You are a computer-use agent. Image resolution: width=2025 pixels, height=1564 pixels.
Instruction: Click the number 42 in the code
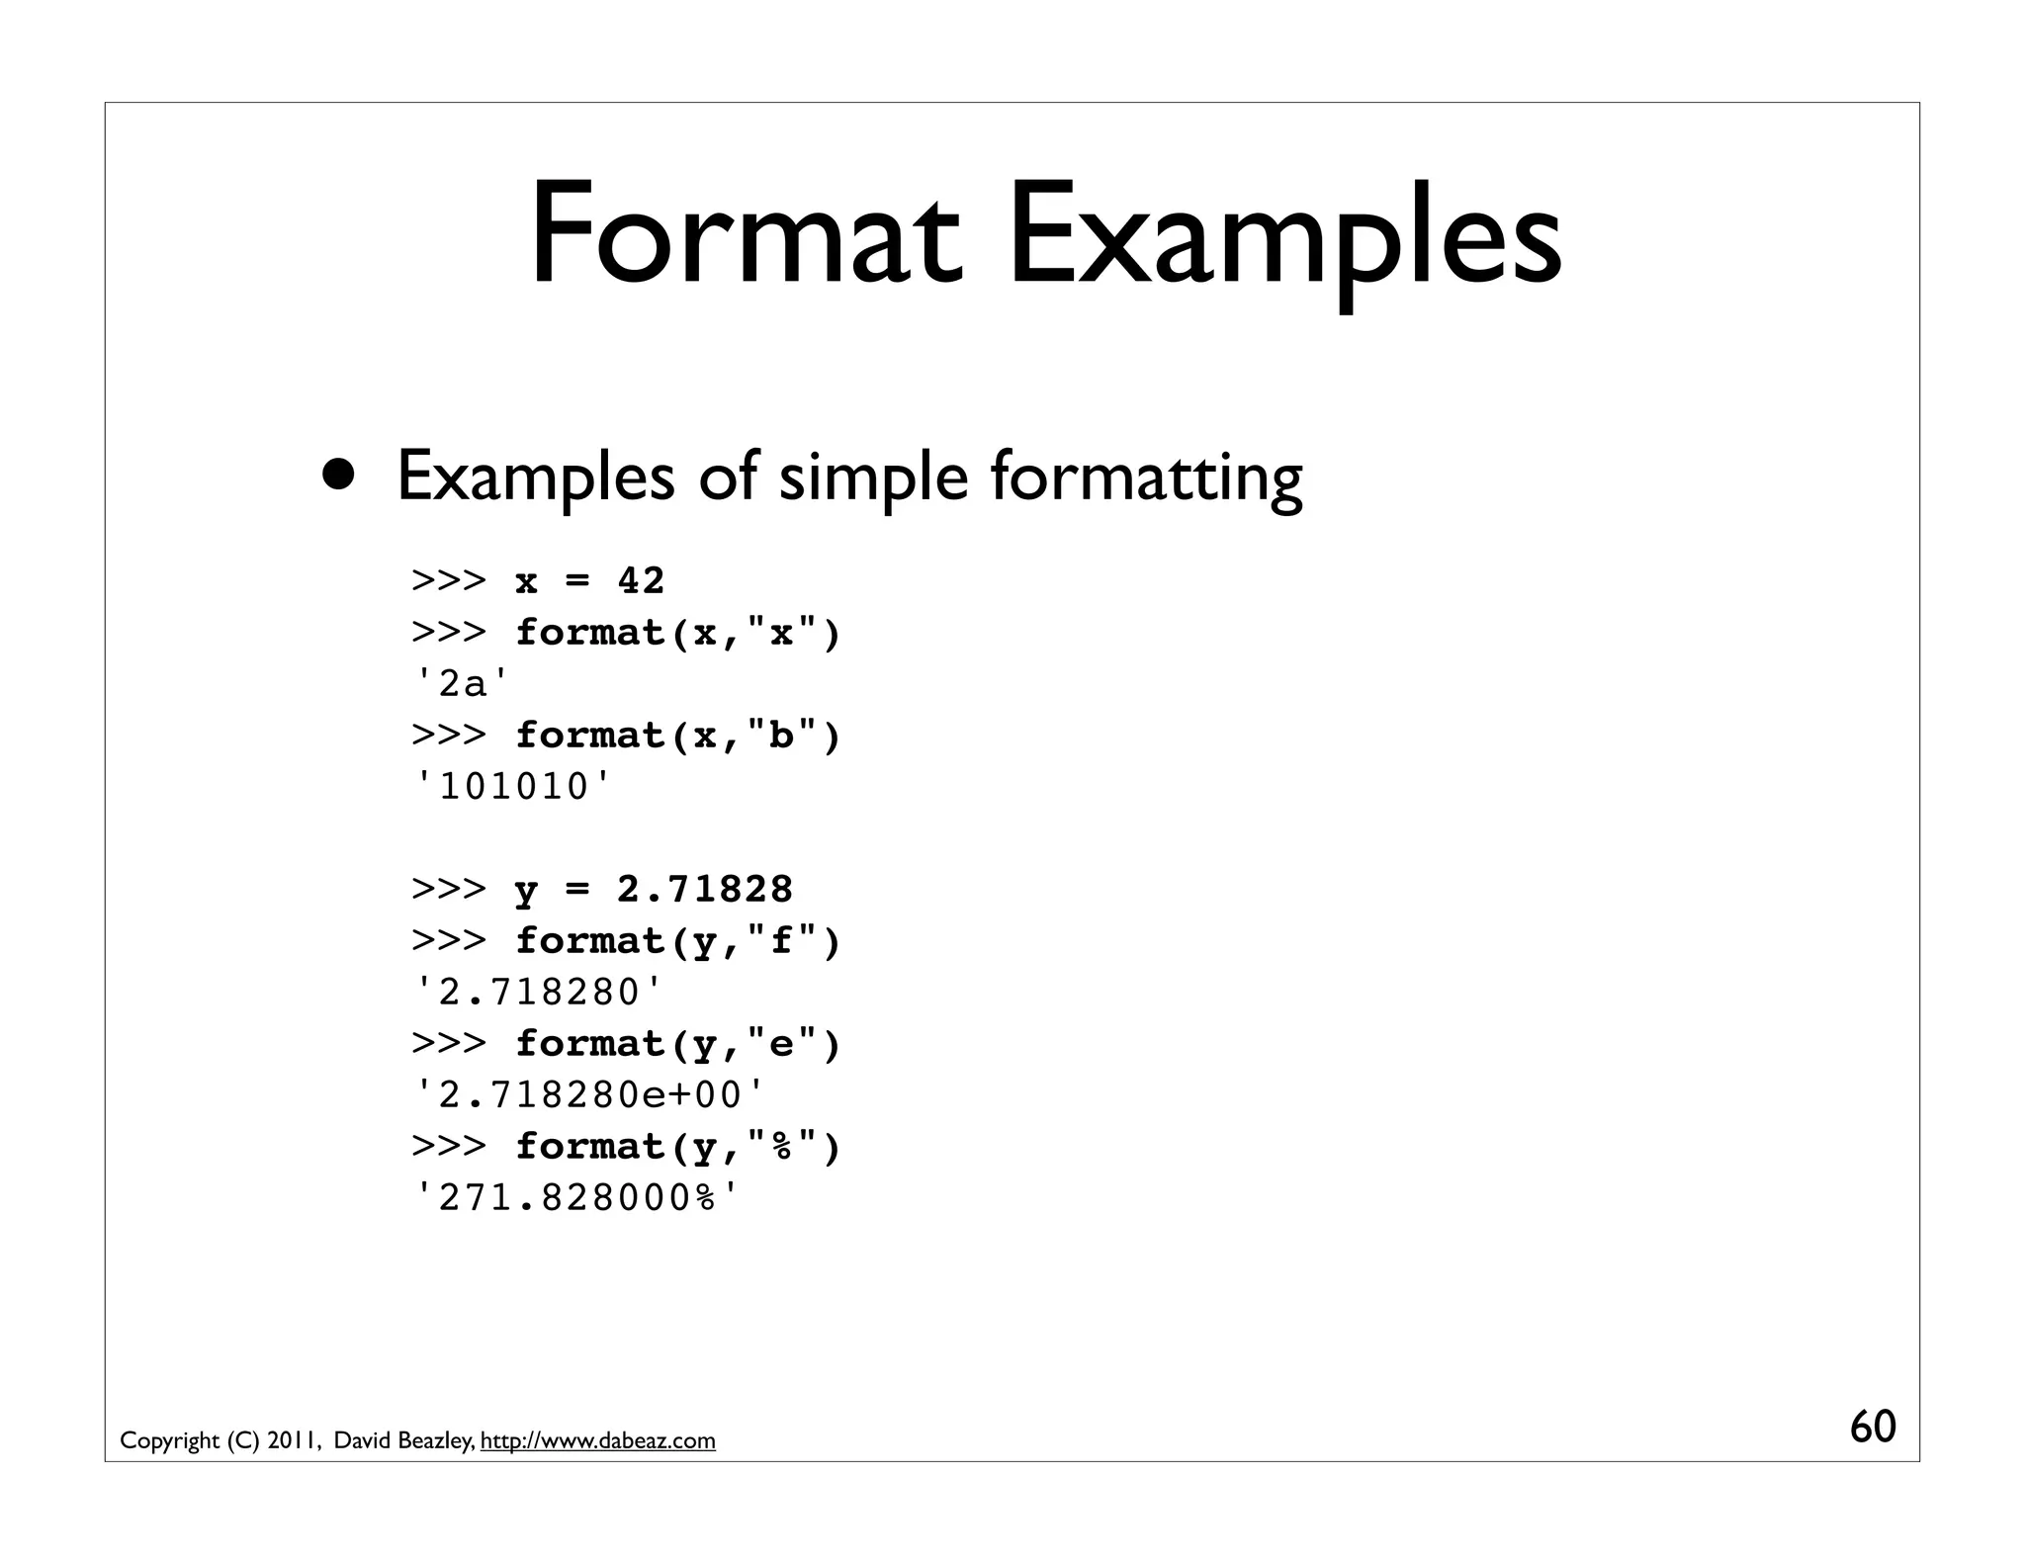click(x=641, y=580)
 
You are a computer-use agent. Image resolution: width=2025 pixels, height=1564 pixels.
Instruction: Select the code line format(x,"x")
click(x=677, y=632)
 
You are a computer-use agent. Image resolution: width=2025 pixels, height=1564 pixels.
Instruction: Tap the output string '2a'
click(x=463, y=683)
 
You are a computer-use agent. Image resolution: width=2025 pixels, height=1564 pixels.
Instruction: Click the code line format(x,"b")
click(x=677, y=735)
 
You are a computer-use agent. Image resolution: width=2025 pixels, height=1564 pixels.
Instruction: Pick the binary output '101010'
click(x=514, y=787)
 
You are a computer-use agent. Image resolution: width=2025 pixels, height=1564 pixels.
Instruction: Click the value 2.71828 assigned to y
click(x=704, y=889)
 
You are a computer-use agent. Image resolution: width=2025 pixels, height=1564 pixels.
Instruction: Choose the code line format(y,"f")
click(x=677, y=940)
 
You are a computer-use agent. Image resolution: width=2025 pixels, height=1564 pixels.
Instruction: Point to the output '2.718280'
click(x=540, y=992)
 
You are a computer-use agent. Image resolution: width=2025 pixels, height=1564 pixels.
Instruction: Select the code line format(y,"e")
click(x=677, y=1043)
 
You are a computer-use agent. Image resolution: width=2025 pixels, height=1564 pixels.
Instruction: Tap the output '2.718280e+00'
click(x=591, y=1094)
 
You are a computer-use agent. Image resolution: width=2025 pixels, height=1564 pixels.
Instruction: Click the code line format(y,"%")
click(x=677, y=1146)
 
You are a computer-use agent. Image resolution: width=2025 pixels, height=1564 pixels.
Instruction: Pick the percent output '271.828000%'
click(x=577, y=1198)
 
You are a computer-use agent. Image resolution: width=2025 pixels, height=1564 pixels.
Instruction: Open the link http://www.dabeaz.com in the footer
click(x=597, y=1440)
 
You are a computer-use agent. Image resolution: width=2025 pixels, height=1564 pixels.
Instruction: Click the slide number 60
click(x=1872, y=1427)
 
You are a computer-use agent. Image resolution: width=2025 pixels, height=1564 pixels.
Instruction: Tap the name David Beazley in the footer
click(x=401, y=1440)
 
